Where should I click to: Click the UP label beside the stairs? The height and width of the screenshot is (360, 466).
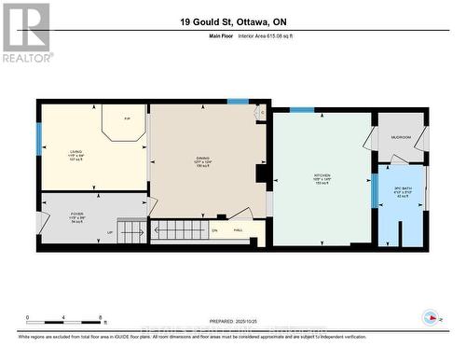110,233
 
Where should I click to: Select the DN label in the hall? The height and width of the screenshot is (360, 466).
214,230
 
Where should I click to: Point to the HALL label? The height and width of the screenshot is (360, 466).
238,230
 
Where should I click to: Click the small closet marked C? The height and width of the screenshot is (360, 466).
261,112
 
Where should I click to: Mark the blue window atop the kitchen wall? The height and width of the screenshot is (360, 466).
301,110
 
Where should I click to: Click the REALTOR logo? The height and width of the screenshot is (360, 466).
25,33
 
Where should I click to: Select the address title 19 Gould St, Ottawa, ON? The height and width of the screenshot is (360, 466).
232,22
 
